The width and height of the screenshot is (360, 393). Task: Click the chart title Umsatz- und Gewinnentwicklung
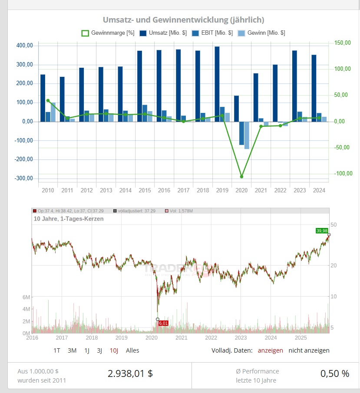click(183, 20)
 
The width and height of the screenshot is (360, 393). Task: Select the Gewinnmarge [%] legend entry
click(108, 33)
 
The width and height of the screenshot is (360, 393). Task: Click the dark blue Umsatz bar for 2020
click(236, 109)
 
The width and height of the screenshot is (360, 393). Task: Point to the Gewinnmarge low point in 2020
click(241, 176)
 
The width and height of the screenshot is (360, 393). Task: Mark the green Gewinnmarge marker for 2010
click(48, 100)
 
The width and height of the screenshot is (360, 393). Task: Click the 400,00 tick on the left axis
click(24, 46)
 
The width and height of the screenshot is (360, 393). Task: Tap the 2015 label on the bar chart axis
click(145, 191)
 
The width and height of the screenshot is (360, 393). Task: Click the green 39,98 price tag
click(322, 231)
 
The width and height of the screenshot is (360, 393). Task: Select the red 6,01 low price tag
click(163, 323)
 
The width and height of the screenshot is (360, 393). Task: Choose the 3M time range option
click(72, 350)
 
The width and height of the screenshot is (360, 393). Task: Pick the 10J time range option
click(114, 350)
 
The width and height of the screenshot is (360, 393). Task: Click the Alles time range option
click(132, 350)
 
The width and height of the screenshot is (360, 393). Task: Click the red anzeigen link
click(270, 350)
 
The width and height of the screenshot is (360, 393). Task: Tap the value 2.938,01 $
click(130, 373)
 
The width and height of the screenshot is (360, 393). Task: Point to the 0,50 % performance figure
click(334, 373)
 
